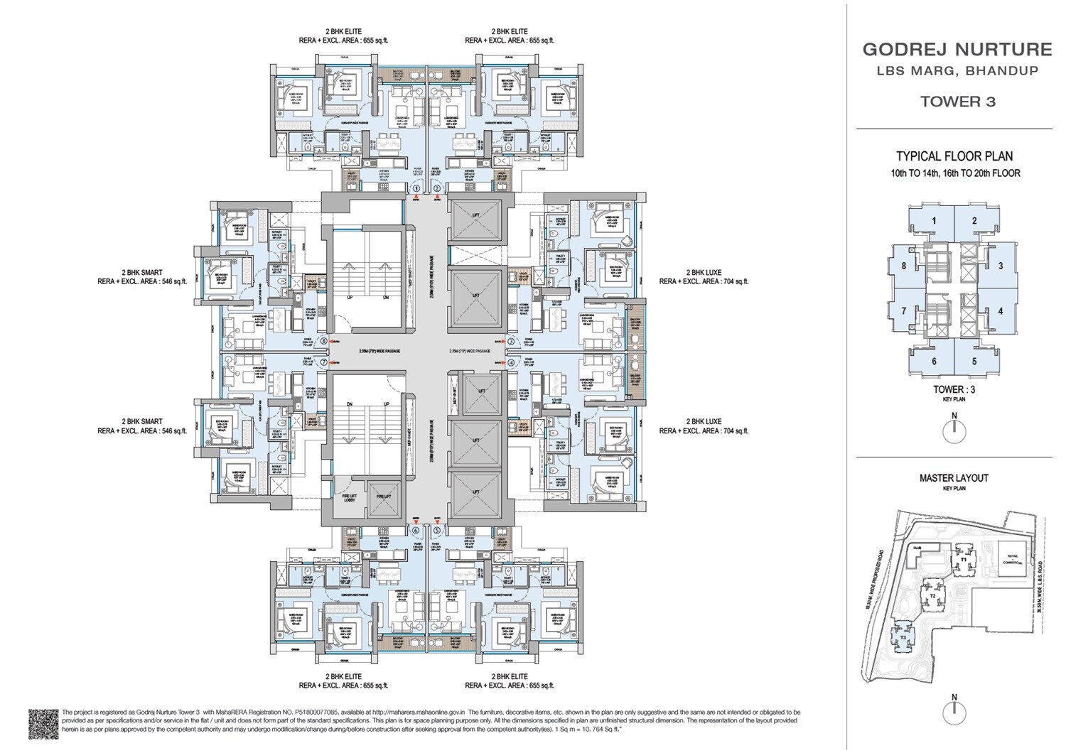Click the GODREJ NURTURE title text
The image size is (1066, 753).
[x=957, y=50]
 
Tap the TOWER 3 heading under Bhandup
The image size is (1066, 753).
[x=957, y=102]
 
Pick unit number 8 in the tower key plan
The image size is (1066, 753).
[x=903, y=266]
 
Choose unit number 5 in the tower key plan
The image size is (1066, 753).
[x=974, y=361]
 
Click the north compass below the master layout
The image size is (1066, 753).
[x=954, y=713]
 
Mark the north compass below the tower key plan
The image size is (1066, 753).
[x=954, y=431]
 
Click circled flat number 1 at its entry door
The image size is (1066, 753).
[x=416, y=188]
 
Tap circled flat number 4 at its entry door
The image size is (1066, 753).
[x=511, y=362]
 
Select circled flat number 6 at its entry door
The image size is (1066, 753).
[x=416, y=529]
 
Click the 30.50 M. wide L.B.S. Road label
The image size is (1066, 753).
[x=1038, y=590]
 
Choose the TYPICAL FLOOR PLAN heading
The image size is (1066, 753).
[x=954, y=156]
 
